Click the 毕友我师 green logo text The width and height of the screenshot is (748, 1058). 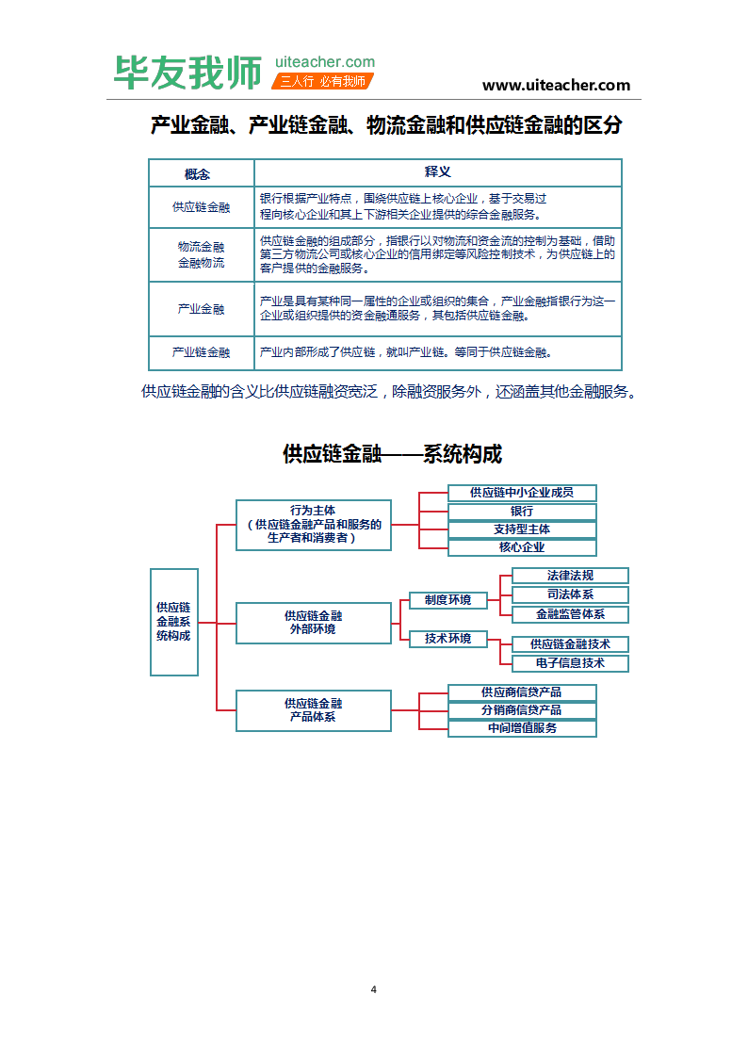pos(187,73)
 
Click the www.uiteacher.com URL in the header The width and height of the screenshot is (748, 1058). pos(556,85)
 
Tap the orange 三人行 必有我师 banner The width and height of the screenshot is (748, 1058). pos(322,81)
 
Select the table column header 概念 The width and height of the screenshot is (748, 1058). pos(201,173)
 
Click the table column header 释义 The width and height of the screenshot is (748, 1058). pos(437,172)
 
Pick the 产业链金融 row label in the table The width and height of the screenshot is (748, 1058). pos(201,352)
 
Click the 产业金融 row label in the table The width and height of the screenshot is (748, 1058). pos(201,309)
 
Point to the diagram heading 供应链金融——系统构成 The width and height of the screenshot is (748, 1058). pos(392,454)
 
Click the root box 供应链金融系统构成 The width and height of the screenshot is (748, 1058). pos(173,622)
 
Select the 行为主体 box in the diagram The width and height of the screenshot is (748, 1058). pos(313,524)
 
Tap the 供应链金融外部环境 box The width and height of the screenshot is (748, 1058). pos(313,623)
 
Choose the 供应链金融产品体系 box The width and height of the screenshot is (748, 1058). pos(313,710)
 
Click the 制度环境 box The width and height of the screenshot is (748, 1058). pos(447,600)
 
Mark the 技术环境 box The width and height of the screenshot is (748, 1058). pos(447,639)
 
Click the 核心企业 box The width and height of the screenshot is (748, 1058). pos(522,547)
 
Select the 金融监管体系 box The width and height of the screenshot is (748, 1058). pos(570,614)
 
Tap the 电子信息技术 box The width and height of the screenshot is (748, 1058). pos(570,663)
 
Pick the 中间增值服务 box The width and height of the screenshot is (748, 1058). pos(522,728)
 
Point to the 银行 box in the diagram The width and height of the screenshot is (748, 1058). pos(522,512)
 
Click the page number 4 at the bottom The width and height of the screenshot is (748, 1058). pos(374,989)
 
